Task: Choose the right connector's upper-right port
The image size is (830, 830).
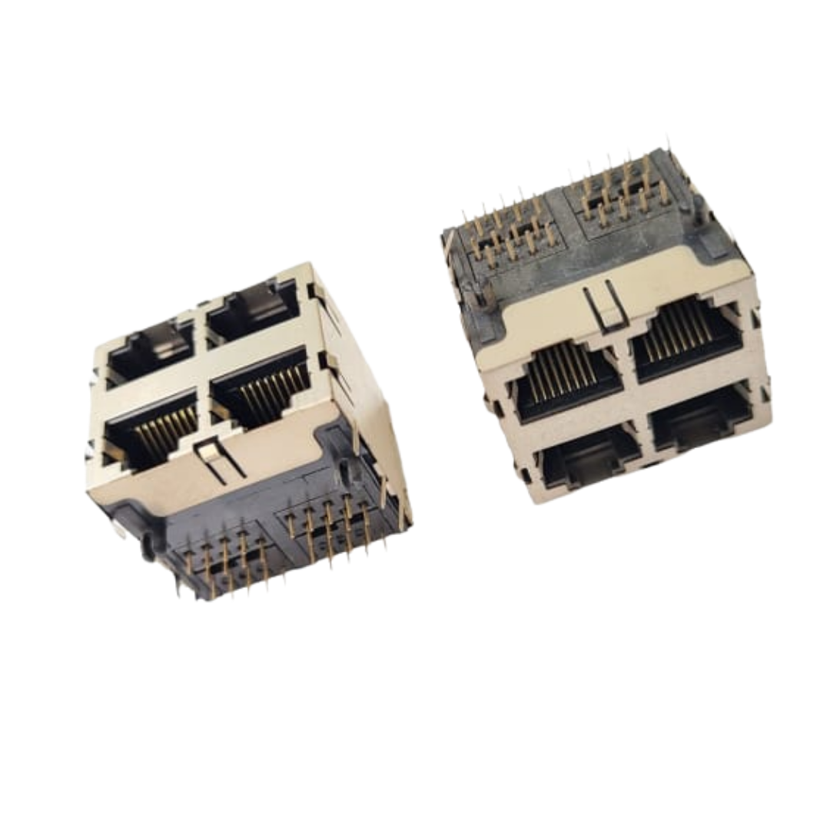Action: [x=686, y=339]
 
